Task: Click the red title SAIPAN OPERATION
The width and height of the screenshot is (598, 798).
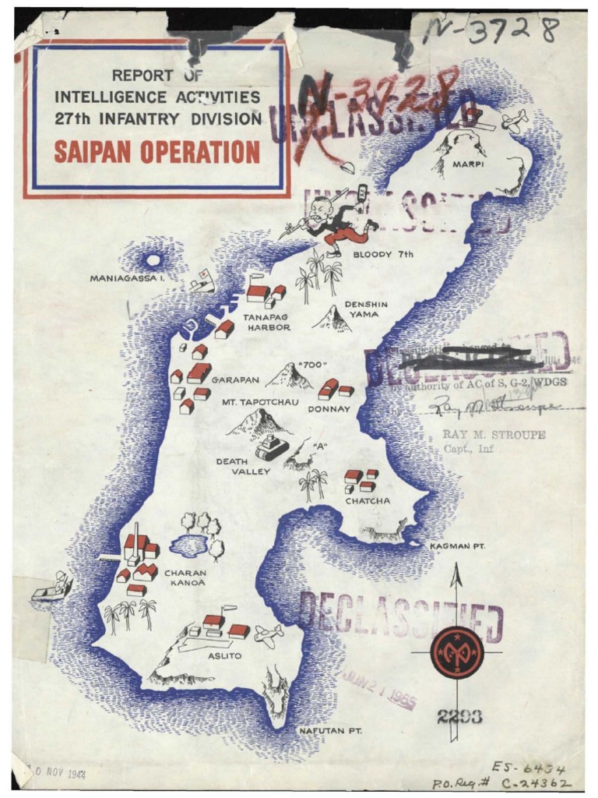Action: point(157,151)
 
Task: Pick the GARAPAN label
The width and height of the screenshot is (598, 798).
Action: point(235,380)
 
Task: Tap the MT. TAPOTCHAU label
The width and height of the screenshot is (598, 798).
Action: point(255,402)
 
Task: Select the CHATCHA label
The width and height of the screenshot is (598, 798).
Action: point(368,501)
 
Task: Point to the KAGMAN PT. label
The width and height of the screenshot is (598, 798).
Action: point(457,546)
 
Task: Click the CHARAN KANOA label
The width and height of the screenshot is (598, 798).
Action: point(185,577)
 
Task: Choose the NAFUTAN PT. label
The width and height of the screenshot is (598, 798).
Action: point(332,730)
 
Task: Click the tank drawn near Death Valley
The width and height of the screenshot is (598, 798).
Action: point(272,447)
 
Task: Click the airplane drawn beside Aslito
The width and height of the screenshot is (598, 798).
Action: point(267,635)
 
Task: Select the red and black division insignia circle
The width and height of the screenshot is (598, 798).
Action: point(457,651)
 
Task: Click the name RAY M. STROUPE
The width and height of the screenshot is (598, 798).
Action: point(494,435)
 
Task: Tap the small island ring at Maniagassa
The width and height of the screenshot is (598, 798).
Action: point(153,260)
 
